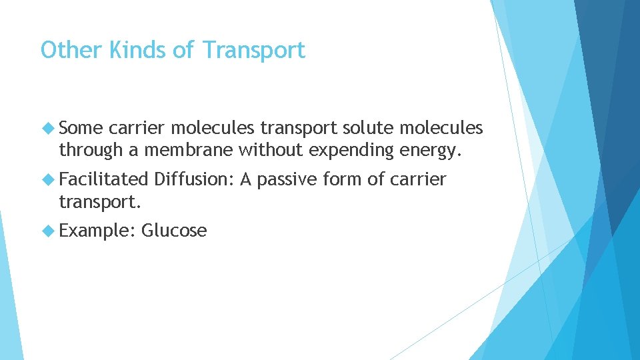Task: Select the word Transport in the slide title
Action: point(253,50)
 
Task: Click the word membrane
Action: point(188,151)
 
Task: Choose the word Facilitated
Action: point(103,179)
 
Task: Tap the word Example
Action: point(97,231)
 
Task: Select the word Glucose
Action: point(174,231)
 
